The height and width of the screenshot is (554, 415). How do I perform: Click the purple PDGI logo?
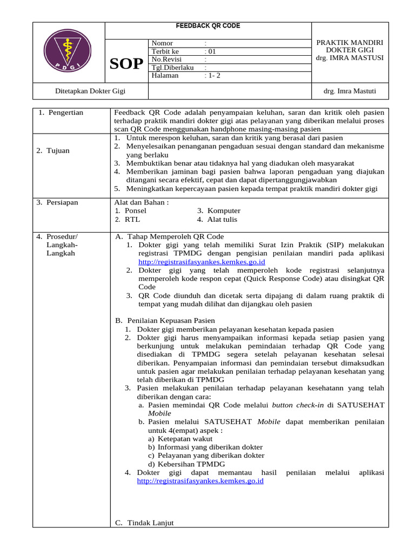(68, 52)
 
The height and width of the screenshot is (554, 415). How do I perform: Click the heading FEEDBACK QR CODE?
(208, 26)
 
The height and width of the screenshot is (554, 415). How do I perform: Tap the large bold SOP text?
(126, 65)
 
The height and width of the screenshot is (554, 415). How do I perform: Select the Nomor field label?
(163, 43)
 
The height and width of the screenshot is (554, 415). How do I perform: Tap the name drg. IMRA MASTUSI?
(350, 58)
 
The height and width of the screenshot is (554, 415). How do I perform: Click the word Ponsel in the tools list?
(136, 211)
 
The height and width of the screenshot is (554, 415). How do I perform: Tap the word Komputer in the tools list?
(224, 211)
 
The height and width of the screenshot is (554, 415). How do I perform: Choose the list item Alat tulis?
(222, 220)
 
